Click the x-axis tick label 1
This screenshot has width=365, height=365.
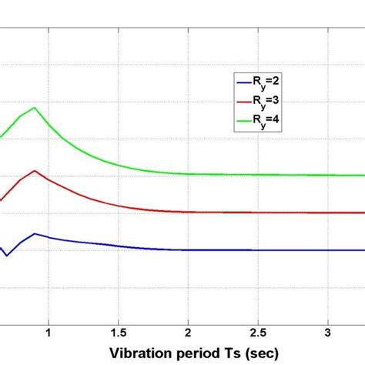[x=48, y=332]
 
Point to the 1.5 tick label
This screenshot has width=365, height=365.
[x=118, y=332]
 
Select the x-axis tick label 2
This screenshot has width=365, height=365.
[x=188, y=332]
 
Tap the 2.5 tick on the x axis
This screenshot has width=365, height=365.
[x=258, y=332]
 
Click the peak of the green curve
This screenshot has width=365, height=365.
[x=34, y=108]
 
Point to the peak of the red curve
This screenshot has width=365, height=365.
[x=34, y=170]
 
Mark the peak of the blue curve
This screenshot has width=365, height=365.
[x=34, y=233]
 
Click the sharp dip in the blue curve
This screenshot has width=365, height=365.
[x=7, y=255]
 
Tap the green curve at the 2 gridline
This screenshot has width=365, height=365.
[x=188, y=174]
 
